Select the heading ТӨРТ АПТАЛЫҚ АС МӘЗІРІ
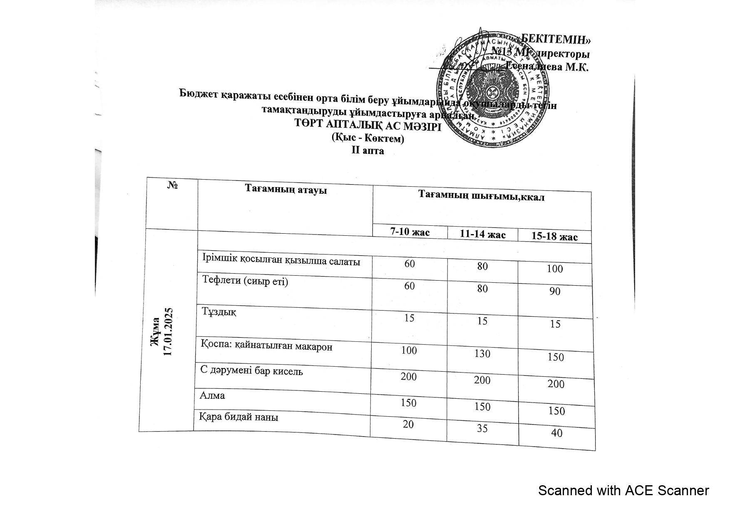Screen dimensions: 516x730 click(x=367, y=125)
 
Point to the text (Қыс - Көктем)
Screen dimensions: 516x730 click(x=367, y=138)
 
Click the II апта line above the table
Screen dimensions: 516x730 click(x=367, y=151)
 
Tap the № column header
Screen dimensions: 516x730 click(x=172, y=185)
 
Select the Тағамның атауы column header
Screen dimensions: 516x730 click(x=286, y=190)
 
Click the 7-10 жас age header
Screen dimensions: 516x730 click(x=410, y=232)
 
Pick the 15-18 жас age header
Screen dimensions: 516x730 click(x=554, y=237)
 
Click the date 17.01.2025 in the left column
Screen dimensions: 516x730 click(x=168, y=331)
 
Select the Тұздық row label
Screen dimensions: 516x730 click(x=219, y=311)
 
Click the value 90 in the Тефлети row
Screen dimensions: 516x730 click(x=554, y=291)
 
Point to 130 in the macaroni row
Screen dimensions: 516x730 click(x=482, y=354)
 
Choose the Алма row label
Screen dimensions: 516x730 click(x=212, y=395)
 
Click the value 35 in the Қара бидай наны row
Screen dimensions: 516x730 click(x=482, y=428)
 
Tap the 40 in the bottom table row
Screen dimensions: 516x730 click(x=556, y=433)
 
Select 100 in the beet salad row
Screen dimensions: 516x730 click(x=554, y=269)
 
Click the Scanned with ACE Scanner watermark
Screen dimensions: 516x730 click(x=623, y=491)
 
